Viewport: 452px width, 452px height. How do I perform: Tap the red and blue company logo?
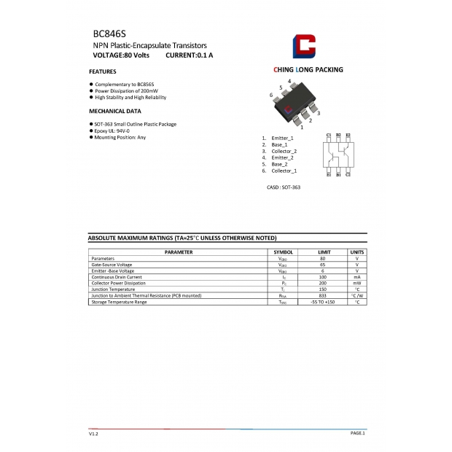[x=304, y=46]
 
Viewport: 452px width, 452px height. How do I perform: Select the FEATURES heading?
[x=103, y=71]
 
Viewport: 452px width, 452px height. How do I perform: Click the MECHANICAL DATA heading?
[x=115, y=111]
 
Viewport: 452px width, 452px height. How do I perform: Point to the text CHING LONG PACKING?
[x=308, y=70]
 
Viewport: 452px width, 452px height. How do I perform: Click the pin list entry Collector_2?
[x=284, y=151]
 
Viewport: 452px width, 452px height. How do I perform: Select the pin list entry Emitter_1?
[x=282, y=138]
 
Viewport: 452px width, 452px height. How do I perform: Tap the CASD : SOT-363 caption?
[x=284, y=187]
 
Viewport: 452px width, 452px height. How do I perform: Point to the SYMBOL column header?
[x=283, y=252]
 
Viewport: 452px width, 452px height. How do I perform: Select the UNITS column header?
[x=357, y=252]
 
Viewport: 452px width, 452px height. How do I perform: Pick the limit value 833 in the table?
[x=323, y=295]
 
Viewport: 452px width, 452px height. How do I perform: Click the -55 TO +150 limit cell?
[x=323, y=302]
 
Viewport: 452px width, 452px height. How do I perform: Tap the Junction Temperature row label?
[x=114, y=289]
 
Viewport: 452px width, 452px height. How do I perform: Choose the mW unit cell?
[x=357, y=283]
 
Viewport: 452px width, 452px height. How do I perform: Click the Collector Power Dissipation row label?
[x=118, y=283]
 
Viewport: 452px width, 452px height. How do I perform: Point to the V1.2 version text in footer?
[x=93, y=433]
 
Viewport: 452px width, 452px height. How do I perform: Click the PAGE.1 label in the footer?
[x=357, y=433]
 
